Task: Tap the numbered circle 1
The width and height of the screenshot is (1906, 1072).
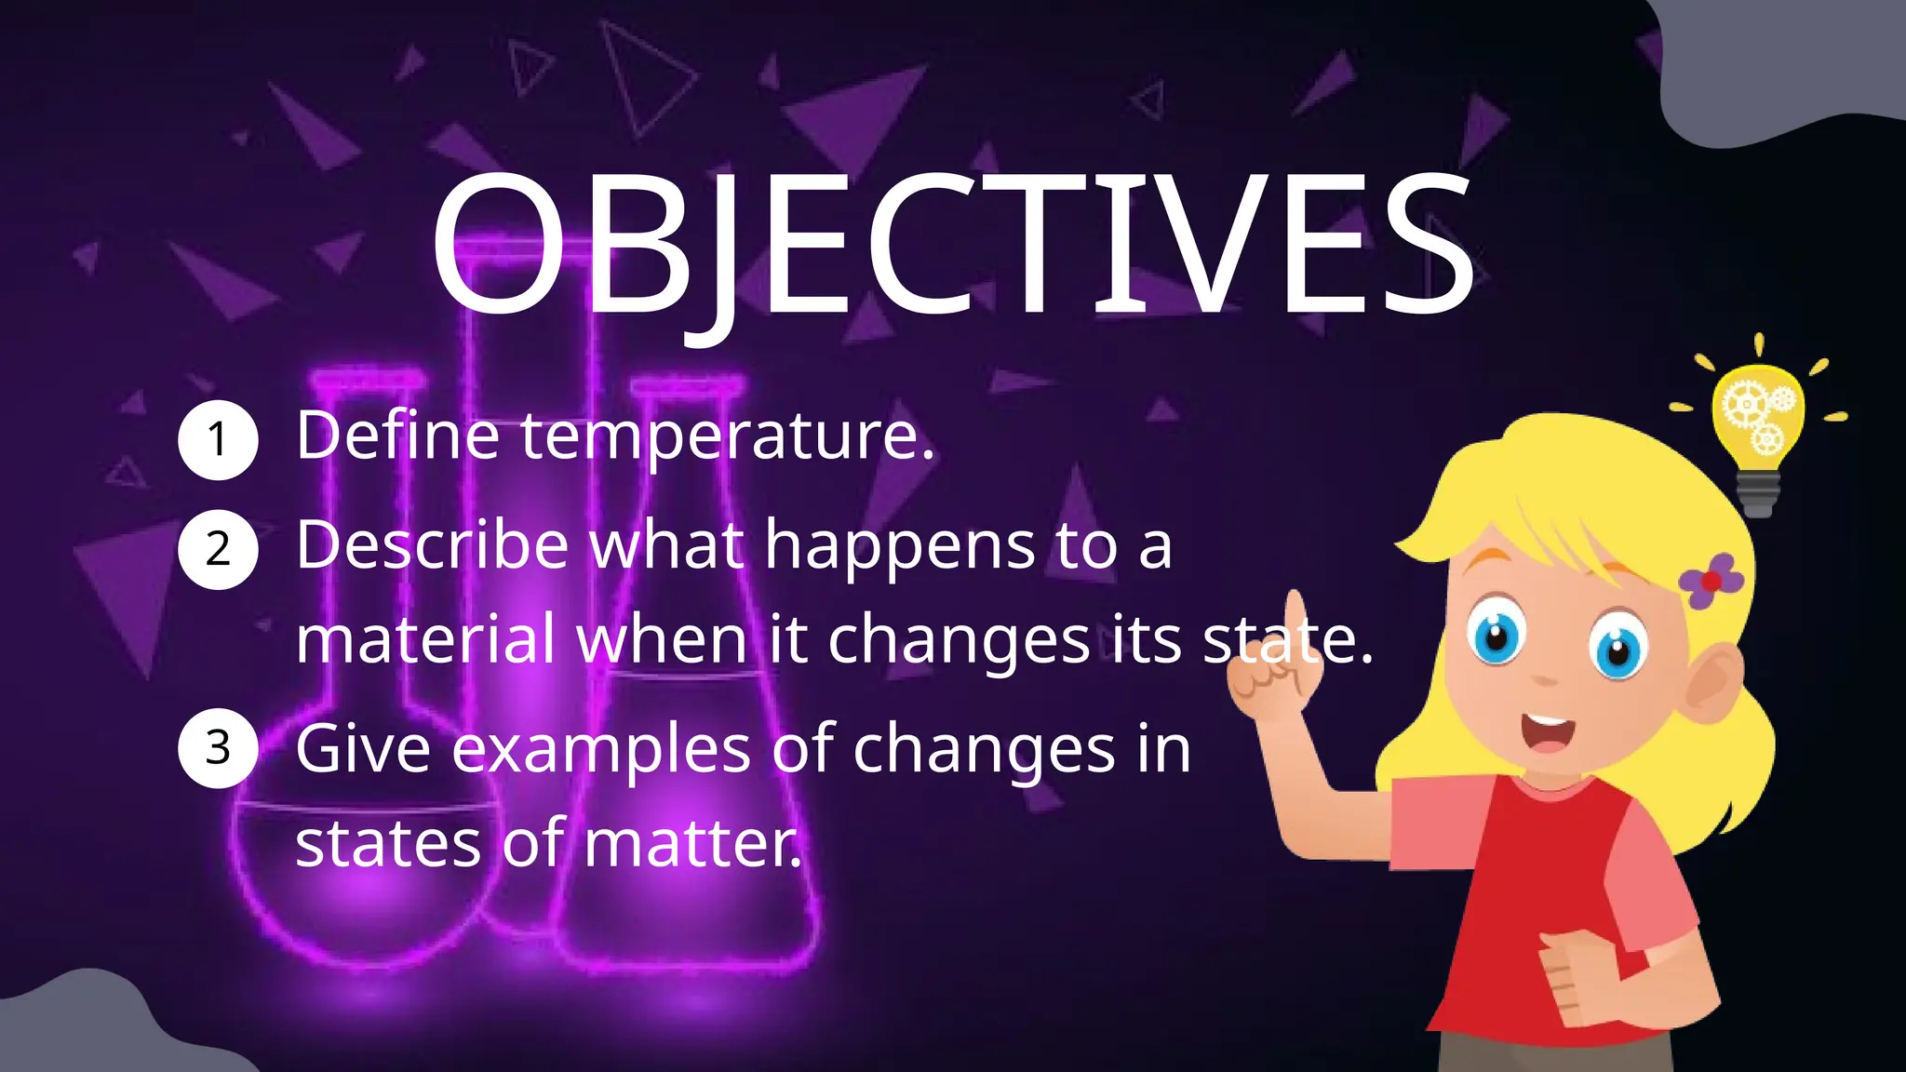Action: [x=218, y=440]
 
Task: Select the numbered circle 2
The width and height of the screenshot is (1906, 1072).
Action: [x=218, y=549]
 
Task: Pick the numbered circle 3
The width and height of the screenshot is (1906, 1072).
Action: [x=218, y=748]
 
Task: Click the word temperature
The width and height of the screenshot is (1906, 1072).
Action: [x=726, y=437]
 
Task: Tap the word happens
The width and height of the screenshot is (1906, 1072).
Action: [x=899, y=547]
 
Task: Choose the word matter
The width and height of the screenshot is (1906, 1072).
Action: [x=692, y=843]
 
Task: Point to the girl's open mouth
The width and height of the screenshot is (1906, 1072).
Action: [x=1548, y=731]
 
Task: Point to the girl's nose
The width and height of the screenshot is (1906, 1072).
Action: [x=1545, y=677]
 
